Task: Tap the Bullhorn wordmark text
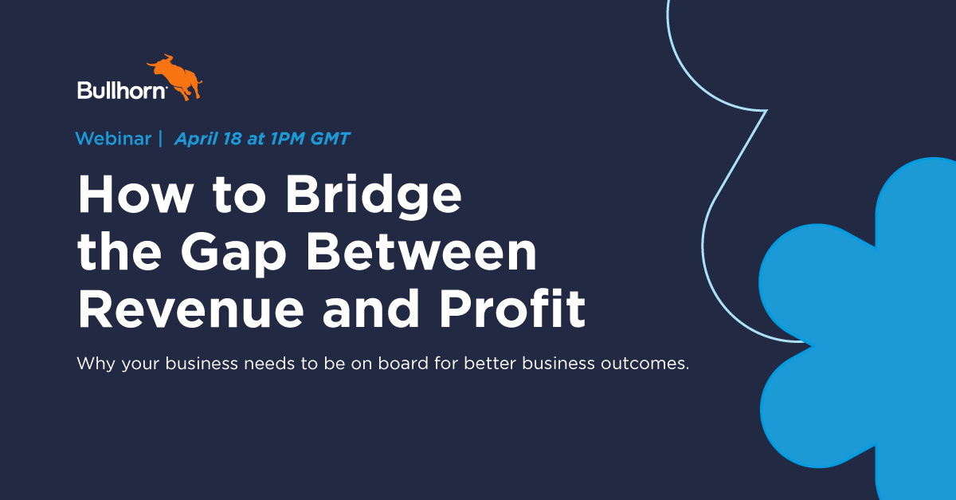point(122,90)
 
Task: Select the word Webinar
point(113,139)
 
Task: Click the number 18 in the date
point(232,139)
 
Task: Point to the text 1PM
point(288,139)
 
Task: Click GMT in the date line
point(331,139)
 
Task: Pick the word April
point(196,139)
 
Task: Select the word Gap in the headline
point(233,254)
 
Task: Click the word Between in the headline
point(421,251)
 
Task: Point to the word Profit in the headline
point(512,308)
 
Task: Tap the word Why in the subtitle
point(96,364)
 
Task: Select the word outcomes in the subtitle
point(645,364)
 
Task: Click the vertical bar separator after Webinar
point(160,139)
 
